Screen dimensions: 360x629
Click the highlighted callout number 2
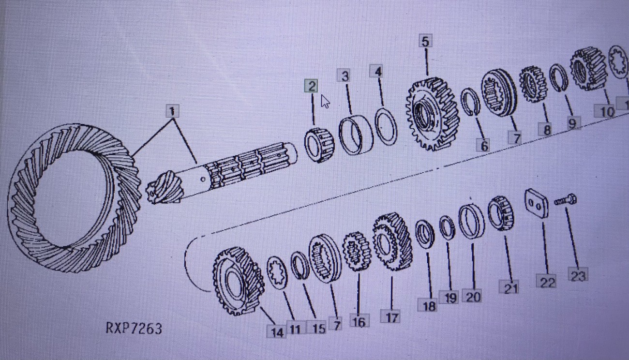(312, 87)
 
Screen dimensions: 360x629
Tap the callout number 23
(578, 276)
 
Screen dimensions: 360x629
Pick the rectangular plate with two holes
(537, 203)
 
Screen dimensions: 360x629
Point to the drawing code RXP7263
(134, 329)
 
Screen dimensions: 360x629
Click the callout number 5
(425, 42)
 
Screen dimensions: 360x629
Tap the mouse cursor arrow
(325, 102)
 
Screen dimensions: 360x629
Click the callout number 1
(172, 111)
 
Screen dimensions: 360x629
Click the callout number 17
(391, 317)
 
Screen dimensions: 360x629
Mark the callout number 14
(276, 332)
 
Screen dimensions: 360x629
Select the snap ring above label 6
(470, 102)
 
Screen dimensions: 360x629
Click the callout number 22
(547, 282)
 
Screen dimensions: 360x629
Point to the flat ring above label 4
(386, 127)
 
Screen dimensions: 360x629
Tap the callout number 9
(572, 123)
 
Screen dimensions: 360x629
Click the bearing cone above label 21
(501, 213)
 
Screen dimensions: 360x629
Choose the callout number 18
(429, 306)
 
